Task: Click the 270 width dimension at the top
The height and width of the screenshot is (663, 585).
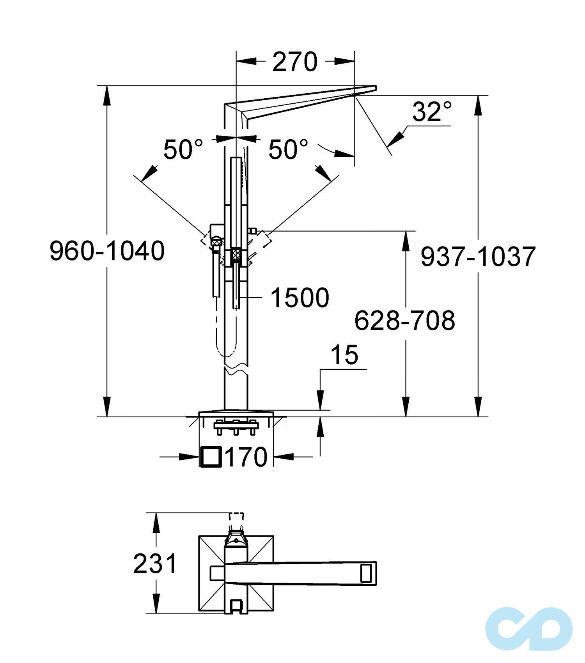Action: [295, 62]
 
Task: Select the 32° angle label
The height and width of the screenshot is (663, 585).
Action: [432, 112]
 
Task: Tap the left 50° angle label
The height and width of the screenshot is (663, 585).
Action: [183, 149]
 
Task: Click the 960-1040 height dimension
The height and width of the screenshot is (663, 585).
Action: [107, 251]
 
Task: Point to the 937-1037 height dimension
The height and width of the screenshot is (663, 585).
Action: [478, 257]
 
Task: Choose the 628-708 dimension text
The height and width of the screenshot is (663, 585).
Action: [404, 321]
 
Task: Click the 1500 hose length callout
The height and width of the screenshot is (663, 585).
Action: [300, 298]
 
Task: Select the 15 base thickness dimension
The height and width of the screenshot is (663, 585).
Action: [344, 355]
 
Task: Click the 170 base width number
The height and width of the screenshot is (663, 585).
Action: [246, 457]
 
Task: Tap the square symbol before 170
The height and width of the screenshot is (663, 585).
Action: [211, 457]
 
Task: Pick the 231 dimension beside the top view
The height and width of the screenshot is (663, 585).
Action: [155, 564]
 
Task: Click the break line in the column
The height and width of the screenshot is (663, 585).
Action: [236, 369]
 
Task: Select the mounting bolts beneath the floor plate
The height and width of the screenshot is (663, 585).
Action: [236, 427]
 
